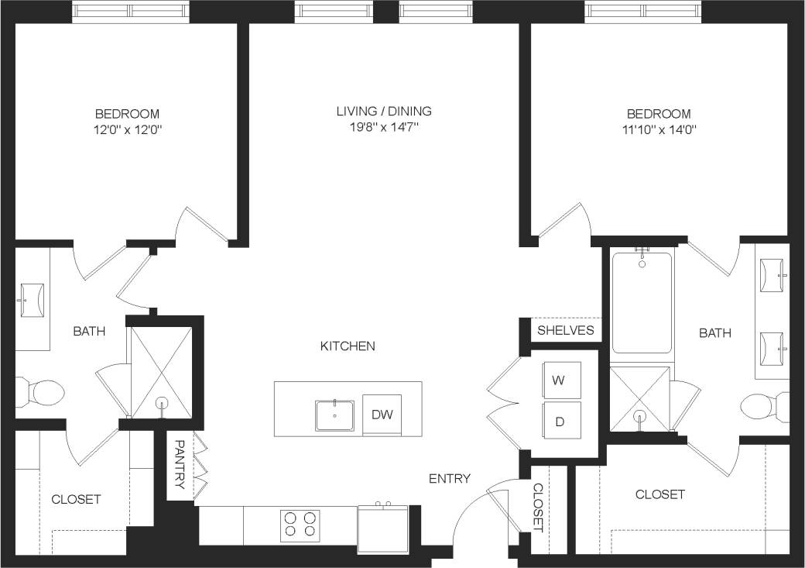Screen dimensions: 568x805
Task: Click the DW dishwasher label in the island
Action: pyautogui.click(x=382, y=415)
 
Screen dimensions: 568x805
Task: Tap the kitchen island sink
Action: pyautogui.click(x=334, y=415)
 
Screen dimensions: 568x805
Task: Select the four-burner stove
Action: pyautogui.click(x=300, y=525)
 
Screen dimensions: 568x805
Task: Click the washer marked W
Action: pyautogui.click(x=559, y=381)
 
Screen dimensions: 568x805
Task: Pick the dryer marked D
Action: pyautogui.click(x=559, y=422)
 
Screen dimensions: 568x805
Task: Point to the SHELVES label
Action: pyautogui.click(x=566, y=330)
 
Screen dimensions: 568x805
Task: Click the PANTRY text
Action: pyautogui.click(x=179, y=465)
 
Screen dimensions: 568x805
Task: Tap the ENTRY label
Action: pyautogui.click(x=450, y=478)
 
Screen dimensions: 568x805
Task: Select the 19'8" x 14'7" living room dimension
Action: pyautogui.click(x=384, y=128)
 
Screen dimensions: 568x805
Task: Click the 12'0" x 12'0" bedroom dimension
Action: pyautogui.click(x=128, y=129)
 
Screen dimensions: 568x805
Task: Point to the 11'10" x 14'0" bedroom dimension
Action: pyautogui.click(x=658, y=129)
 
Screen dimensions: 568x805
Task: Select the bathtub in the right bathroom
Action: pyautogui.click(x=642, y=302)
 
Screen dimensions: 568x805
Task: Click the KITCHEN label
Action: pyautogui.click(x=348, y=346)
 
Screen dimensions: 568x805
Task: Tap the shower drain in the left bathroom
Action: pyautogui.click(x=163, y=403)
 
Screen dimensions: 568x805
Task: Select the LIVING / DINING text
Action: pyautogui.click(x=384, y=111)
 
